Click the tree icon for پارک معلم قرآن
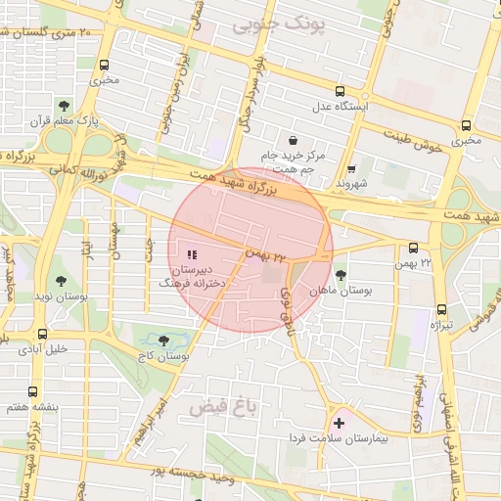click(64, 106)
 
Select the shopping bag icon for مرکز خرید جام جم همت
click(294, 139)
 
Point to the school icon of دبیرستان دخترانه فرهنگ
click(191, 254)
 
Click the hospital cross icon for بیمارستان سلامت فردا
click(340, 424)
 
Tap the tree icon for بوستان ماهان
click(340, 276)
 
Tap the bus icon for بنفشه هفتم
click(34, 390)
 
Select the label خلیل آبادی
click(44, 348)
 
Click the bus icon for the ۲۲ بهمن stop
click(413, 249)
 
